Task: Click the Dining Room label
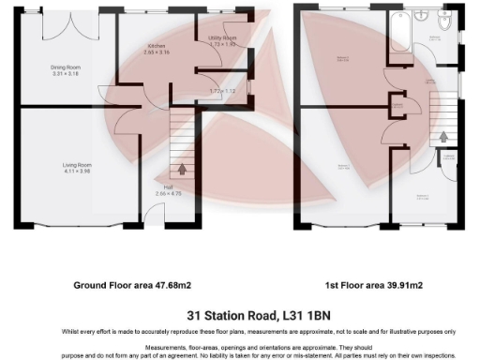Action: coord(65,67)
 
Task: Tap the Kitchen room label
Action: coord(156,46)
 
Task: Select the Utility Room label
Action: coord(222,37)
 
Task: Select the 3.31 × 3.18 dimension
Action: coord(65,73)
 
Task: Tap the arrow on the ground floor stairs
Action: coord(182,169)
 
